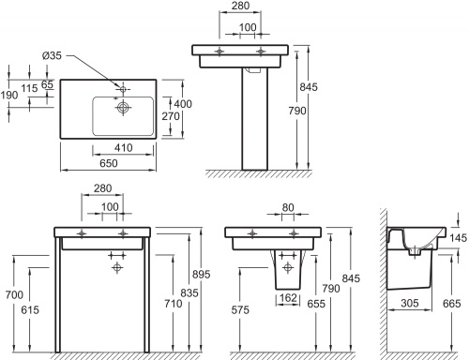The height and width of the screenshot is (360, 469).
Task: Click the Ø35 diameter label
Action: [x=52, y=55]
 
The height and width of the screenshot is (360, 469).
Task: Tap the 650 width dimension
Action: [x=109, y=163]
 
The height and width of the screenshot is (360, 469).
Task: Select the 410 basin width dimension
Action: [x=124, y=147]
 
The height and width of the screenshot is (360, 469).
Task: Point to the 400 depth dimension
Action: [x=183, y=104]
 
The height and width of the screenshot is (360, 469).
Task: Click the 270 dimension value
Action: [x=171, y=116]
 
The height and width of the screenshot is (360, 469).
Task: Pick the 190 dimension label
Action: [x=9, y=95]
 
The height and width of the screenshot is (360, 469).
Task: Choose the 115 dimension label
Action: [x=29, y=88]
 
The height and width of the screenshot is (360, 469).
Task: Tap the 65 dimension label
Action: [x=47, y=84]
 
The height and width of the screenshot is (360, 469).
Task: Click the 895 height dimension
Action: [x=201, y=274]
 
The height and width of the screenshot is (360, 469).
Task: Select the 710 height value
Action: [x=174, y=303]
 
